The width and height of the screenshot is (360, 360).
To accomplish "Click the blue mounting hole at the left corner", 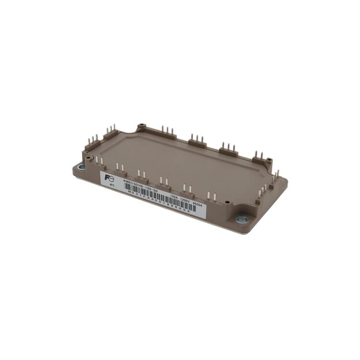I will point(81,167).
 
